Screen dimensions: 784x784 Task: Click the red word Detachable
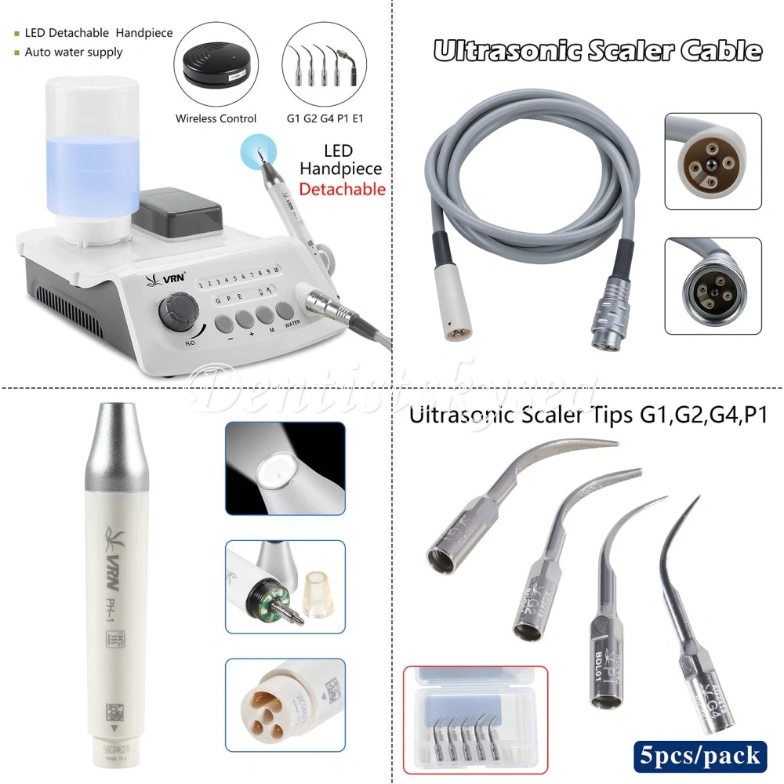(342, 189)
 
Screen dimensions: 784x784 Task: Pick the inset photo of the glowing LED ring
(285, 470)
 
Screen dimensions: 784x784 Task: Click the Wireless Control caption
(216, 119)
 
